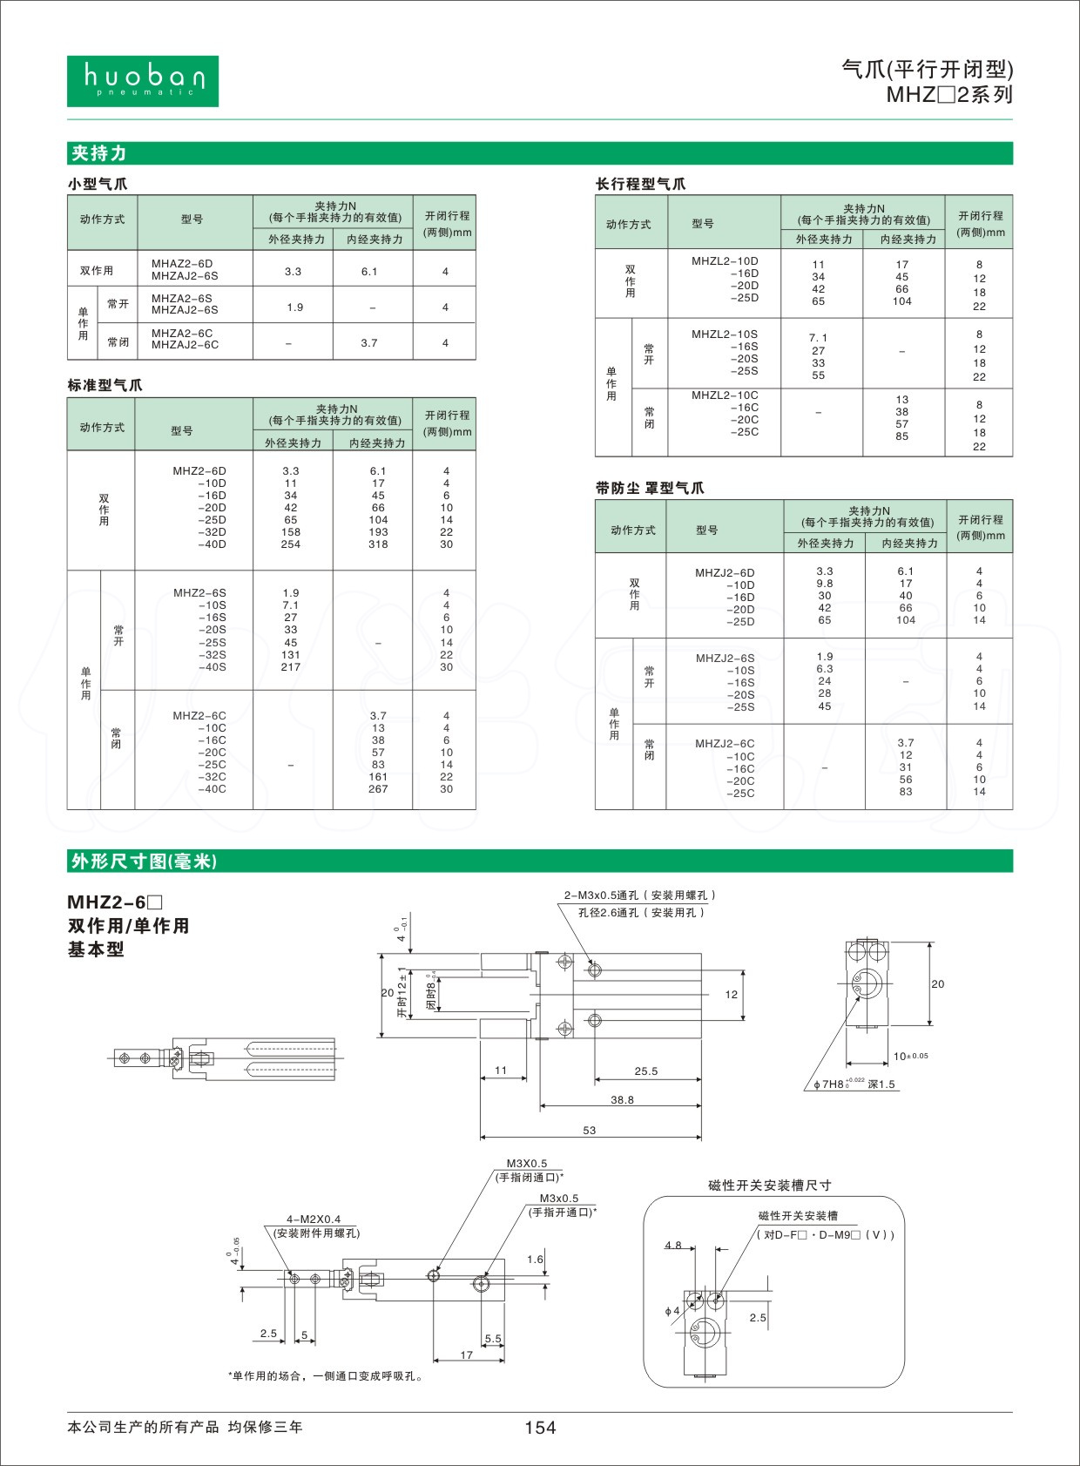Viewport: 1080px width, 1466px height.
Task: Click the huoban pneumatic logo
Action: [x=142, y=81]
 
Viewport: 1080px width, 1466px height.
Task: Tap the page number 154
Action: [x=539, y=1427]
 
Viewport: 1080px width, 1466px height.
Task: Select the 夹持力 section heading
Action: [x=99, y=153]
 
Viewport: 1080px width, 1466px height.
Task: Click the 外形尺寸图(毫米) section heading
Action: [x=144, y=861]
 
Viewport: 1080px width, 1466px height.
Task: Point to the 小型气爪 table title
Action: [x=98, y=184]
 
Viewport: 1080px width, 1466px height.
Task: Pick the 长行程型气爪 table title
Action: [x=640, y=184]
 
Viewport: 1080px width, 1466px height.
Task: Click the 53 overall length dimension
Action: [x=590, y=1130]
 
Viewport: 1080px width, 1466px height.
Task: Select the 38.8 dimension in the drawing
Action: [x=622, y=1100]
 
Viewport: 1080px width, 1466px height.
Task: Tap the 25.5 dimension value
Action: [x=646, y=1071]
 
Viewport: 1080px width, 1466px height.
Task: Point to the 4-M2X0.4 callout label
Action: [x=314, y=1219]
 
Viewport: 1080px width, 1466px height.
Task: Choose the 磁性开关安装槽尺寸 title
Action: [x=770, y=1186]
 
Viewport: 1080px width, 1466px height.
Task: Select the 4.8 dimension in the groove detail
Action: [x=673, y=1246]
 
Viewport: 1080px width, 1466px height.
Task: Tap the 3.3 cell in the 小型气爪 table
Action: [x=293, y=272]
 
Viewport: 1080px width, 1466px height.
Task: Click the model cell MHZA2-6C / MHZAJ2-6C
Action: [x=186, y=339]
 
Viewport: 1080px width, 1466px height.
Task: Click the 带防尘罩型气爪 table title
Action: [x=650, y=488]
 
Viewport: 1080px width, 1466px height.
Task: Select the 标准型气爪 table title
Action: [x=105, y=385]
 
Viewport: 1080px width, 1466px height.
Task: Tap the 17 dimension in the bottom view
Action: [x=467, y=1355]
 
